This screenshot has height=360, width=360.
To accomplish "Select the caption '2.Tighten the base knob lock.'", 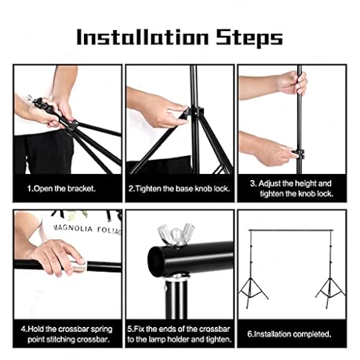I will click(179, 188).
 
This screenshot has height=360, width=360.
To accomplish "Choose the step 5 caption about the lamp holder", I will click(179, 334).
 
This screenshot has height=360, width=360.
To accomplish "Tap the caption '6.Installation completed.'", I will click(291, 334).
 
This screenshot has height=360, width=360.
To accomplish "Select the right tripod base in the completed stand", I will click(330, 288).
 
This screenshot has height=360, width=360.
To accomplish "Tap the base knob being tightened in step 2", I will click(196, 112).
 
